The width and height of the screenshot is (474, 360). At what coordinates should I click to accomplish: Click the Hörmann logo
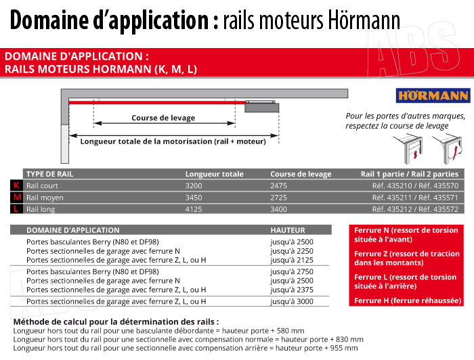pos(424,95)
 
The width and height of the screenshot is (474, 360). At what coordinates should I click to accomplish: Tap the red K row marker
pos(17,185)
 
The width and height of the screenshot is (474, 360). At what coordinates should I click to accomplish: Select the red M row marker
pos(17,197)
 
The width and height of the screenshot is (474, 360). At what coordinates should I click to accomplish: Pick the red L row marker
pos(17,209)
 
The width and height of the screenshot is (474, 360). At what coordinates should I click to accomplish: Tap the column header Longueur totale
pos(214,174)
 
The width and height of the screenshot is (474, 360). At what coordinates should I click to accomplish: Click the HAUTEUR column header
pos(287,230)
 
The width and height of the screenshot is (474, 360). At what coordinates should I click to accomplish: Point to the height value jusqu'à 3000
pos(292,301)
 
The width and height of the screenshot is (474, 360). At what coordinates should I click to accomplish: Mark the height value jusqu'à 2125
pos(292,260)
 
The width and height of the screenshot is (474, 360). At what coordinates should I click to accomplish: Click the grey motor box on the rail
pos(262,106)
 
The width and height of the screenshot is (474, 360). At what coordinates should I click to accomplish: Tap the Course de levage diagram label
pos(163,118)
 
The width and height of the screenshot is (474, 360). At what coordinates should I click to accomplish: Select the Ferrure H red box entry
pos(408,300)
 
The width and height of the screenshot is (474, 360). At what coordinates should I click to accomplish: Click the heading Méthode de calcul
pos(116,321)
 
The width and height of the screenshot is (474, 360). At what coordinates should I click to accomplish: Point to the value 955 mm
pos(344,348)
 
